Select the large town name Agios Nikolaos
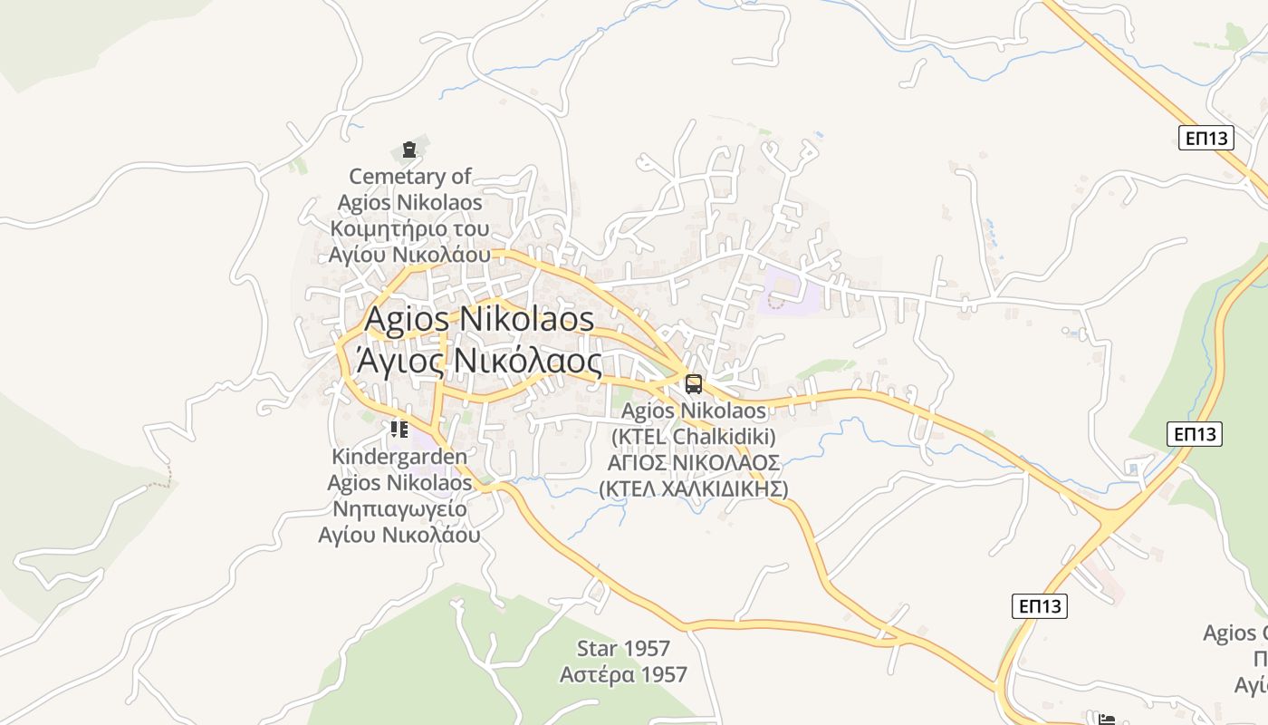tap(479, 319)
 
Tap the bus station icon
tap(694, 383)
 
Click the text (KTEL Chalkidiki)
tap(694, 437)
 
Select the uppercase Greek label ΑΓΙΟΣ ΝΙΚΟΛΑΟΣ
tap(694, 462)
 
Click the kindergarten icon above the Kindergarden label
tap(399, 429)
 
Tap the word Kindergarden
tap(399, 456)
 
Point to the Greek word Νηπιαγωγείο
tap(399, 508)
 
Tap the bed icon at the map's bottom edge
tap(1106, 720)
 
